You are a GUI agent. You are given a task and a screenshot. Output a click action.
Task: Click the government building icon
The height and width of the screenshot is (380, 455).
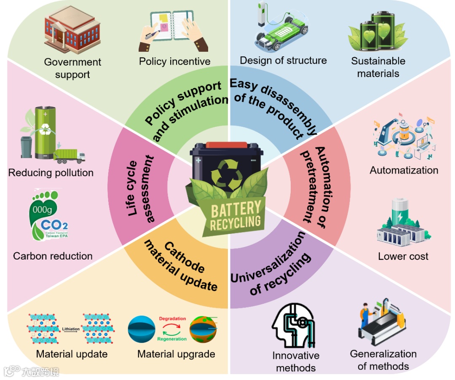[72, 30]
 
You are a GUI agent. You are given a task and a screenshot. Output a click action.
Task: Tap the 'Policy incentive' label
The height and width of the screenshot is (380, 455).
[175, 62]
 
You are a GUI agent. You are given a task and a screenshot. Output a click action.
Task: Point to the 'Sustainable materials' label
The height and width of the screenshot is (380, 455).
[378, 67]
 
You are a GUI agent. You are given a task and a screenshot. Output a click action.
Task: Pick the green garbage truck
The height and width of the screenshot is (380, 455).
[70, 156]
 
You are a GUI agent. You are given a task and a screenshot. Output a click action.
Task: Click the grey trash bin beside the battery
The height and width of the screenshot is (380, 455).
[27, 147]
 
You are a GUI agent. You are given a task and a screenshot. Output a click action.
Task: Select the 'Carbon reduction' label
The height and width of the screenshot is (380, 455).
[53, 256]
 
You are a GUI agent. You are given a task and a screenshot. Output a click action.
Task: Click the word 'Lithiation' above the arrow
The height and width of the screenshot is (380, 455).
[70, 327]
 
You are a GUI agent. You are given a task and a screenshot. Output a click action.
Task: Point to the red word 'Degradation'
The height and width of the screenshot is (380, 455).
[172, 319]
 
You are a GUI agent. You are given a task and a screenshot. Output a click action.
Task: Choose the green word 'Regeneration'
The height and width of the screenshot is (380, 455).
[172, 339]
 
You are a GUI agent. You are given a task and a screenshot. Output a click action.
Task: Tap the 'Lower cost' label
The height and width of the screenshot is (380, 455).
[403, 256]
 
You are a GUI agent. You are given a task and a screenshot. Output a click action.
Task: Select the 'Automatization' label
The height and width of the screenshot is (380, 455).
[404, 170]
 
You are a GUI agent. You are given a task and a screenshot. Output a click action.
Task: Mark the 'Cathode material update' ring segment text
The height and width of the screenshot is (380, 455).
[181, 265]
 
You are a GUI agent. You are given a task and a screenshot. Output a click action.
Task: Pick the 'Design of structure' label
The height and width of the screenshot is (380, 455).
[283, 60]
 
